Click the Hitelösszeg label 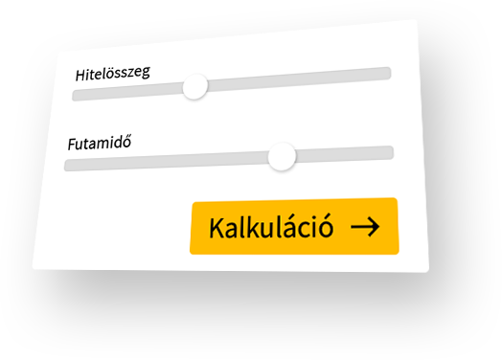pos(113,72)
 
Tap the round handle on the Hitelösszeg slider pos(194,87)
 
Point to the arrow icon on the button pos(365,226)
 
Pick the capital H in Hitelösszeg pos(81,74)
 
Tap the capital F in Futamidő pos(71,146)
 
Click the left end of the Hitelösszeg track pos(77,94)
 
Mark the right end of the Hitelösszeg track pos(387,73)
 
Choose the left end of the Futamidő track pos(68,166)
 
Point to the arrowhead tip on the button pos(378,226)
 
